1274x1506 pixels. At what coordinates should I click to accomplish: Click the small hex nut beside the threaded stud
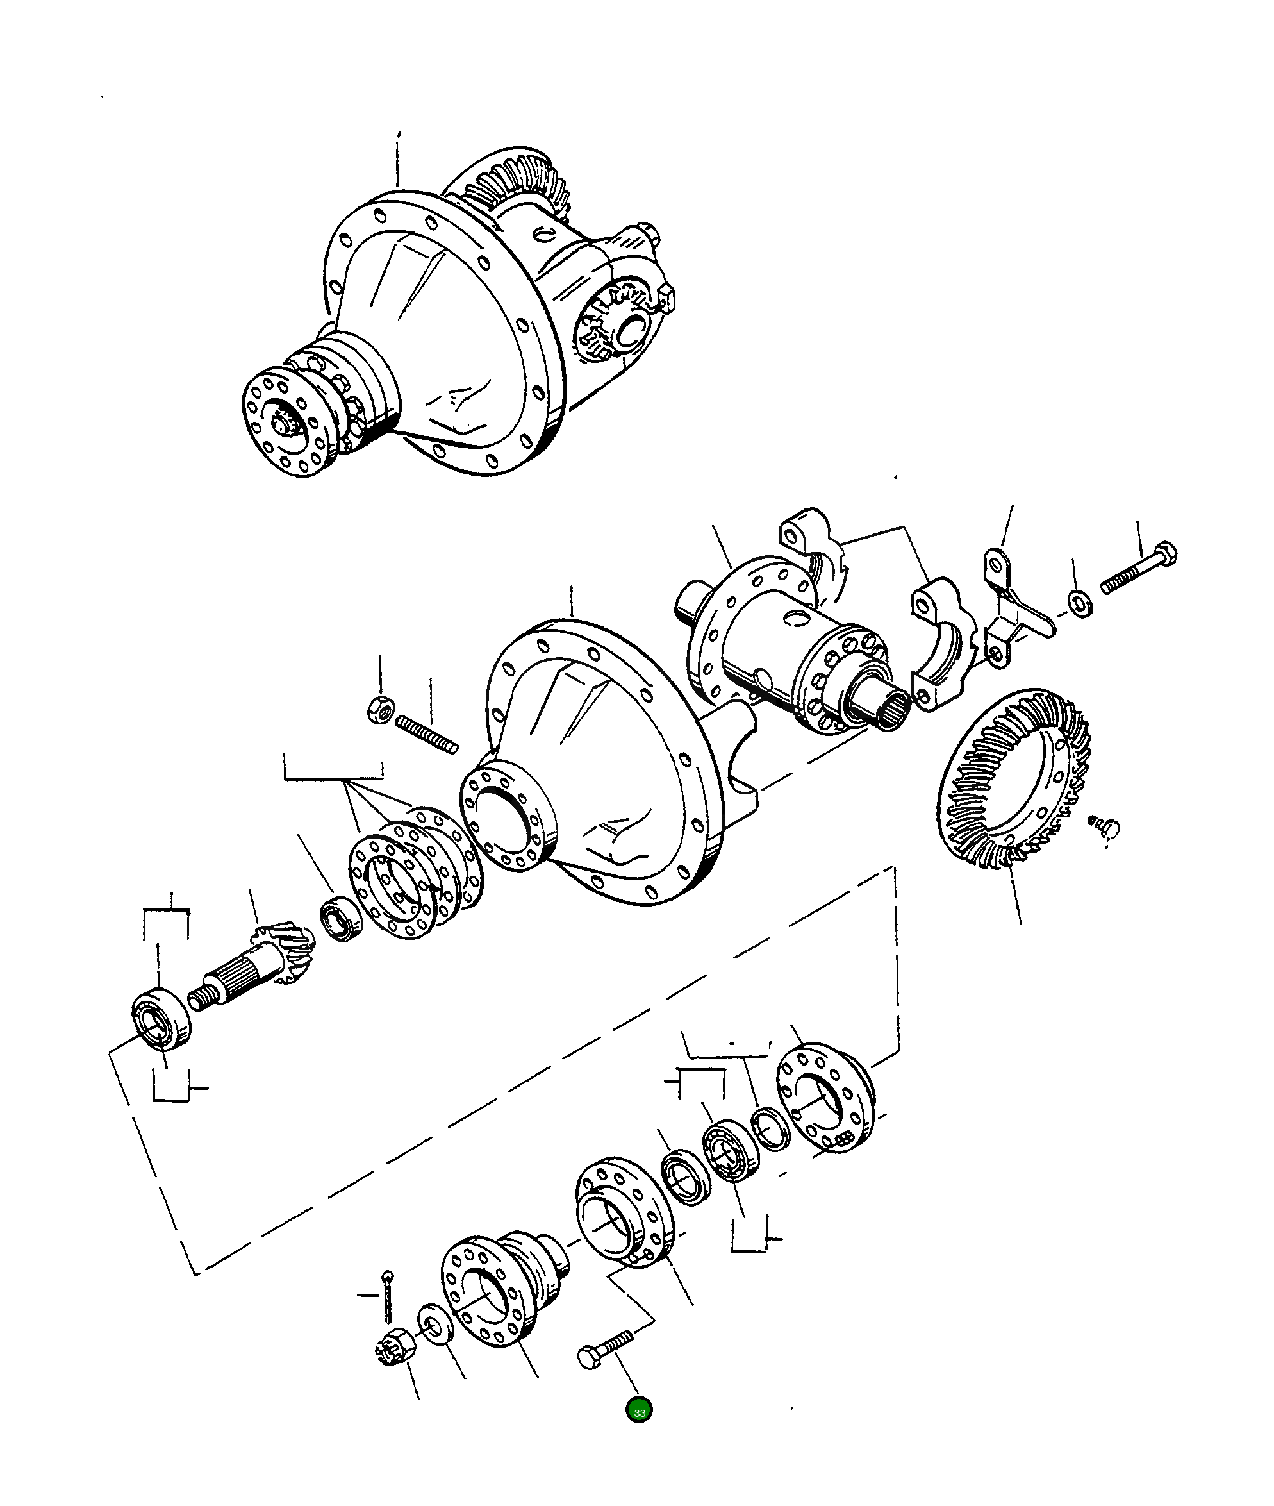coord(379,710)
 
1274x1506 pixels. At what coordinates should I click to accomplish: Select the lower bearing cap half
coord(939,643)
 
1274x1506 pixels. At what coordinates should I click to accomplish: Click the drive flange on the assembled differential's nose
coord(285,423)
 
